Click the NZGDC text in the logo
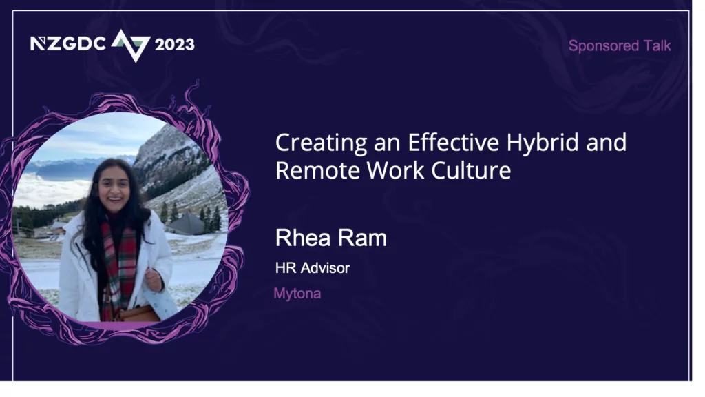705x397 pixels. tap(68, 43)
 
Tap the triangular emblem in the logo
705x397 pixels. tap(131, 45)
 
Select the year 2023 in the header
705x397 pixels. tap(174, 44)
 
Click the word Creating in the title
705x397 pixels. tap(322, 143)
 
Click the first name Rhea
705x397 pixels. tap(305, 238)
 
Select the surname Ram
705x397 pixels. tap(364, 238)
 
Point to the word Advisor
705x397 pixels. tap(325, 268)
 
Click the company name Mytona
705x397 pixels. tap(297, 294)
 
